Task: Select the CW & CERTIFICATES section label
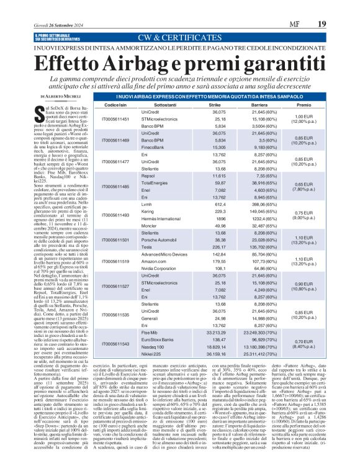179,37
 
